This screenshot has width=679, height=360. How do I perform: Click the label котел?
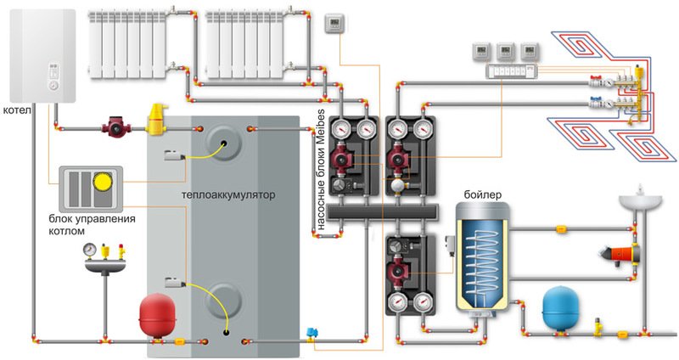click(x=17, y=110)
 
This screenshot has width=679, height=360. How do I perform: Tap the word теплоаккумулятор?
click(x=228, y=194)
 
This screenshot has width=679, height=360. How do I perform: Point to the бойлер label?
click(x=483, y=194)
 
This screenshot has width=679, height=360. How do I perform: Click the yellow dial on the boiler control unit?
click(x=103, y=181)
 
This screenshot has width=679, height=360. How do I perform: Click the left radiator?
click(x=128, y=45)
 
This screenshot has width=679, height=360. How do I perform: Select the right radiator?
click(x=244, y=45)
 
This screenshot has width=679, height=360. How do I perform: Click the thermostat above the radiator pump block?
click(x=334, y=23)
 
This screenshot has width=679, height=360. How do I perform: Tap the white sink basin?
click(x=640, y=201)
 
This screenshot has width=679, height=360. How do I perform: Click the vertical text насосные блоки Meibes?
click(x=320, y=169)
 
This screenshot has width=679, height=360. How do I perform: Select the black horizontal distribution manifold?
click(x=383, y=212)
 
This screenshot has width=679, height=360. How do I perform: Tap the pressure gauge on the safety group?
click(x=90, y=250)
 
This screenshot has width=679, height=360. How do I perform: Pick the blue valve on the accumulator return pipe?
click(x=311, y=334)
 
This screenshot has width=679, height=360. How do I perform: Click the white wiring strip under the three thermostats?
click(x=513, y=71)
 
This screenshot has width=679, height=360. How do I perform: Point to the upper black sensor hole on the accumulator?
click(x=224, y=143)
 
